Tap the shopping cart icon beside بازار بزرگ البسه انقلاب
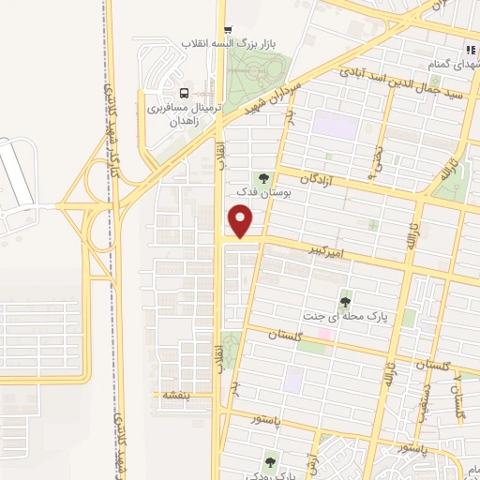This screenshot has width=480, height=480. coord(230,29)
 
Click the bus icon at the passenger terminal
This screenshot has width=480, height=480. coord(184,94)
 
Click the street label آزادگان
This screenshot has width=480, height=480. coord(317,177)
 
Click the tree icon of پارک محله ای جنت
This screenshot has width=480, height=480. coord(346,301)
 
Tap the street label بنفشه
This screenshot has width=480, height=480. coord(175,395)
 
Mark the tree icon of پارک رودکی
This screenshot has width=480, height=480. coord(272,459)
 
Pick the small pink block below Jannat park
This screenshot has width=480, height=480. coord(324,333)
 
